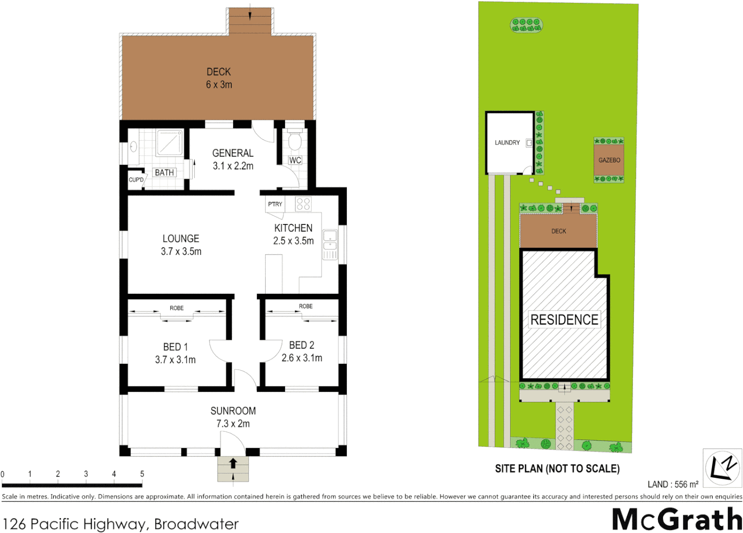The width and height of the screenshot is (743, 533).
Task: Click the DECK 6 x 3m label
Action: click(x=219, y=78)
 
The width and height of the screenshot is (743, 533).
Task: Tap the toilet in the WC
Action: click(x=294, y=141)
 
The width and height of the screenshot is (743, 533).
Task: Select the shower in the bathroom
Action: click(x=170, y=143)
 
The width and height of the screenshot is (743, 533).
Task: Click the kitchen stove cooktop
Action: click(x=303, y=204)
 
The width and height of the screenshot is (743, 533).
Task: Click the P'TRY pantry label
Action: click(x=275, y=204)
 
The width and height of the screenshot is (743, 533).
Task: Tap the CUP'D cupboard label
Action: click(x=136, y=180)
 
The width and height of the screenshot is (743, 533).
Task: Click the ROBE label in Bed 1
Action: click(x=176, y=308)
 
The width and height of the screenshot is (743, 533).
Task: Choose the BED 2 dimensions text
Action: click(x=301, y=358)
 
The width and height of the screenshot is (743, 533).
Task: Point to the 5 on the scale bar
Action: click(x=142, y=474)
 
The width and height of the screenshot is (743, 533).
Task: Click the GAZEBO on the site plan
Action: click(x=609, y=160)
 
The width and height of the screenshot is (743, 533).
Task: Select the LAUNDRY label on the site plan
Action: click(x=507, y=143)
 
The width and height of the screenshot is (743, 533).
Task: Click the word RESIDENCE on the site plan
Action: click(x=564, y=320)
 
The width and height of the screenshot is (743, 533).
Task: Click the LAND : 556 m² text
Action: click(x=673, y=485)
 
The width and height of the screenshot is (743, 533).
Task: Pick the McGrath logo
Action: click(x=676, y=519)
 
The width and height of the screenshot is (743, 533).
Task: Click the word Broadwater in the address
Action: click(x=196, y=524)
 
